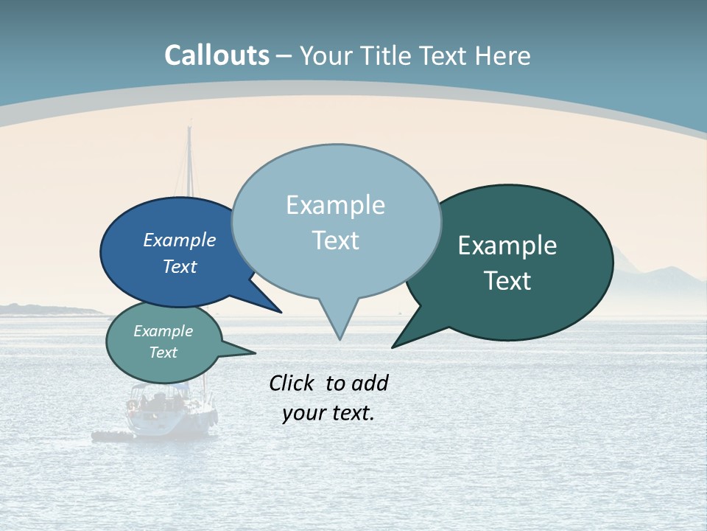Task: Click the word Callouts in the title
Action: pos(217,55)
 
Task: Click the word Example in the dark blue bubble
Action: pos(180,240)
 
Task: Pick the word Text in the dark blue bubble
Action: pos(180,266)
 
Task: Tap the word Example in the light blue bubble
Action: pos(335,205)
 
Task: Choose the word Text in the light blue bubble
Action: pos(335,240)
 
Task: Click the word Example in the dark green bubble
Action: pos(507,245)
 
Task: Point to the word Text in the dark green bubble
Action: pos(507,281)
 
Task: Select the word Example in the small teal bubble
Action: pos(163,331)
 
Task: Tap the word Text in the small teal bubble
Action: pos(163,353)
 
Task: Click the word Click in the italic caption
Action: pos(293,383)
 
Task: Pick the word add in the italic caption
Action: pos(370,383)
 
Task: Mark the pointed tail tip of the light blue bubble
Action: pos(340,339)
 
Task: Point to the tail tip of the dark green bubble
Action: pos(393,347)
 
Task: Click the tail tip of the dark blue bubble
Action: pos(281,312)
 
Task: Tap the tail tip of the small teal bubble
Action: pos(255,353)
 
